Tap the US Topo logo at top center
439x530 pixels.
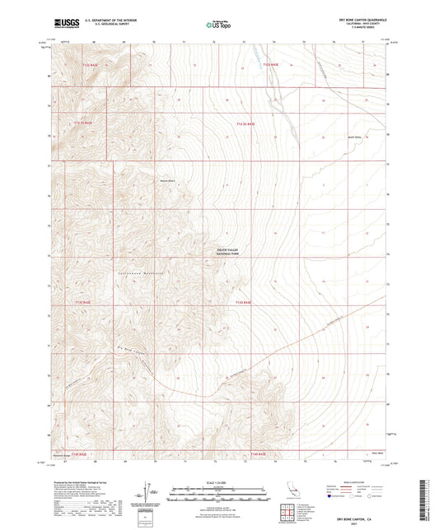coord(218,25)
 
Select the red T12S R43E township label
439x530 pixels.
coord(272,64)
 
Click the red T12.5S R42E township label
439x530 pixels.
coord(86,123)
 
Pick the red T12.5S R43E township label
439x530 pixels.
coord(245,123)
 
